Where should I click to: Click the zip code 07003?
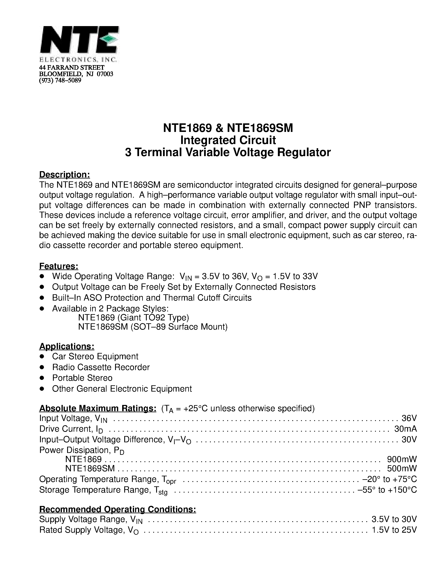105,74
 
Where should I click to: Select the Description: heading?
65,174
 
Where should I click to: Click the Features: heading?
59,266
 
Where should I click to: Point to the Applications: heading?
67,346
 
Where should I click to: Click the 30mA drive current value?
405,429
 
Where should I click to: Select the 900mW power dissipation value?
402,459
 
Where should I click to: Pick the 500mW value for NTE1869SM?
402,468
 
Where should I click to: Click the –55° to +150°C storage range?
387,490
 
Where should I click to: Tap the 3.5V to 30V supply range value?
394,519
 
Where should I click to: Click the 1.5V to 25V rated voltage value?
394,530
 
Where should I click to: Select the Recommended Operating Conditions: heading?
118,509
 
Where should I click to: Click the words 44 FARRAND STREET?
72,68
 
